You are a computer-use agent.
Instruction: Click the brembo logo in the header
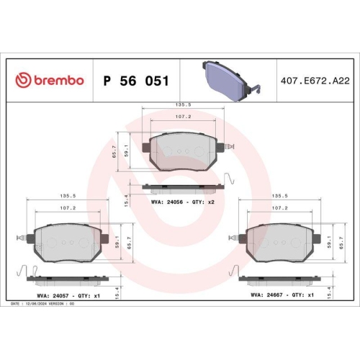pos(50,80)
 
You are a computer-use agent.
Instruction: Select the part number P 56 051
pos(136,81)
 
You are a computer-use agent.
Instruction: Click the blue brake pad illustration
pos(227,76)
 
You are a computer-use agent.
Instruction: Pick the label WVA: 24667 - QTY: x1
pos(282,294)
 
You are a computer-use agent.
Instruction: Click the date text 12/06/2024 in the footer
pos(40,305)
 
